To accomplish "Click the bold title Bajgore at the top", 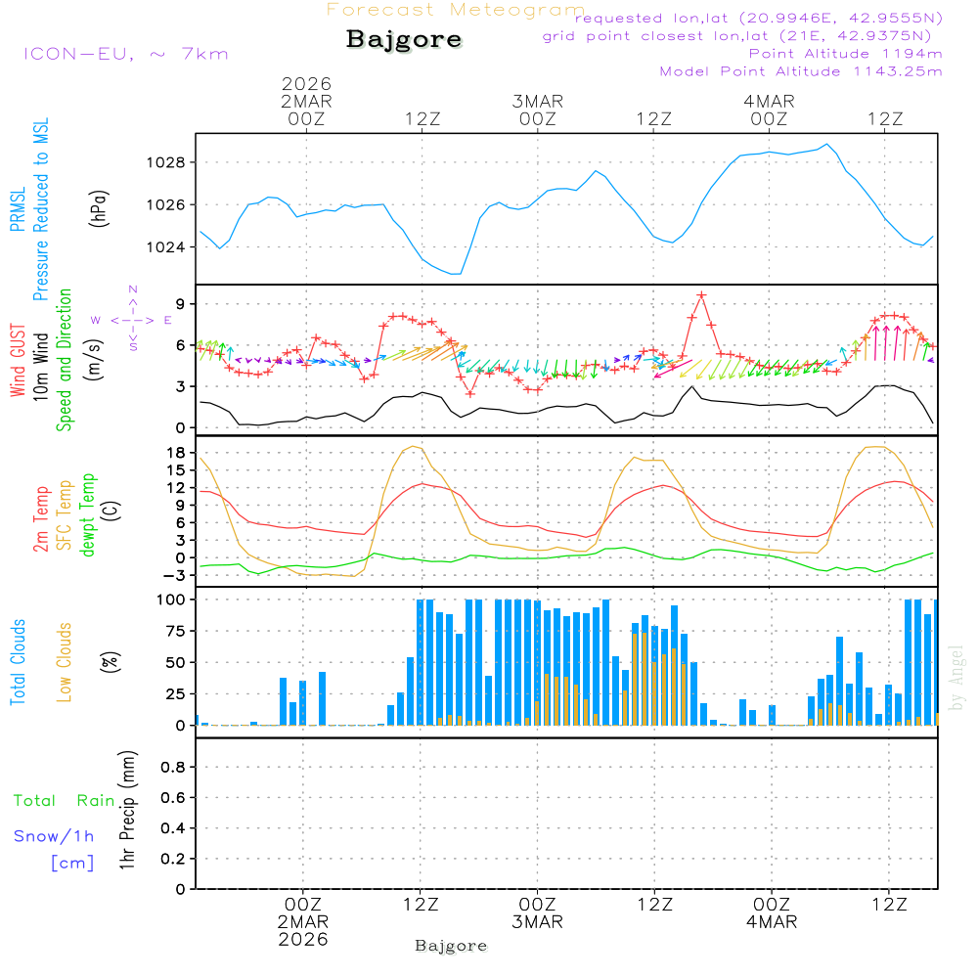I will [x=403, y=40].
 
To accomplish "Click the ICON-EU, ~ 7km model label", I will [x=125, y=54].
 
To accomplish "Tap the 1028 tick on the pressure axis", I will [x=166, y=162].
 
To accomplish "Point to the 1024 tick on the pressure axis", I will [x=166, y=246].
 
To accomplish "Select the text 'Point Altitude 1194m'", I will [x=845, y=53].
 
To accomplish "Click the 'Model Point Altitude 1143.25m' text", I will [x=801, y=71].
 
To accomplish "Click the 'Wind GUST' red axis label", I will [x=18, y=362].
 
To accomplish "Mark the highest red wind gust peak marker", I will [x=701, y=294].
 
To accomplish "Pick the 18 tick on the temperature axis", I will [x=176, y=452].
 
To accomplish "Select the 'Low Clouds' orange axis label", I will [x=65, y=662].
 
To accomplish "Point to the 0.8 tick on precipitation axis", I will [x=172, y=768].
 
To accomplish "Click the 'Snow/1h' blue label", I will [x=54, y=836].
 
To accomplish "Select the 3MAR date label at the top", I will [x=537, y=101].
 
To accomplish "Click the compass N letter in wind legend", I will [x=133, y=289].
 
